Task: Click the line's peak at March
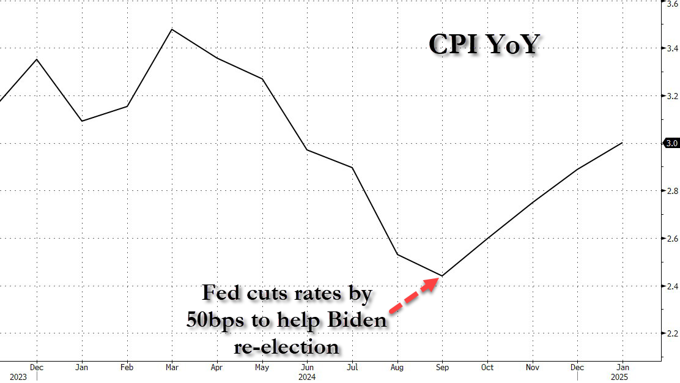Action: point(172,29)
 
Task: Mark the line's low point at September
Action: point(442,276)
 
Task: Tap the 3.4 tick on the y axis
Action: point(671,48)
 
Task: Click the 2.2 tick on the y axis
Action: point(671,333)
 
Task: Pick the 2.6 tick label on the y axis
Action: point(671,239)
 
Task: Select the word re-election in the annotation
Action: point(287,347)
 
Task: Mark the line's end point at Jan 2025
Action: point(623,143)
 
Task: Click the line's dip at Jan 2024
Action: point(82,121)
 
